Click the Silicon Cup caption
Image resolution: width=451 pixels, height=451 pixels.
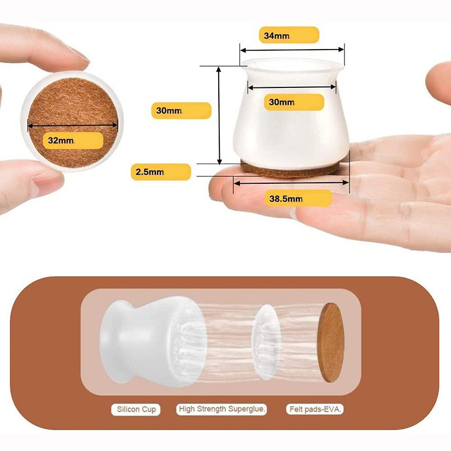tap(136, 409)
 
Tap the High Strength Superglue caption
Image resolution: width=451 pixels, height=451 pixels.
tap(222, 409)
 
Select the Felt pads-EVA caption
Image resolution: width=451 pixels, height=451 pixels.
tap(315, 409)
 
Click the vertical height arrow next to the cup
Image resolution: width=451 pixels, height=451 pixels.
tap(219, 116)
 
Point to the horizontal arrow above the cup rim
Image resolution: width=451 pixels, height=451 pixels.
tap(292, 50)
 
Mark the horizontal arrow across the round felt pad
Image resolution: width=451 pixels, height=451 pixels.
tap(73, 125)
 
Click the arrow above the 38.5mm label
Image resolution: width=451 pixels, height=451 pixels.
tap(291, 183)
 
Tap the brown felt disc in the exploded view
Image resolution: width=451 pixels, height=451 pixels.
tap(331, 342)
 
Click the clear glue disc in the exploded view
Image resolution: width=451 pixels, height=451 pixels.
tap(266, 342)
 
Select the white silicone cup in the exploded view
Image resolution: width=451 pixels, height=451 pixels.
tap(152, 342)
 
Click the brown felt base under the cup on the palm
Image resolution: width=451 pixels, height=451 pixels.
tap(290, 170)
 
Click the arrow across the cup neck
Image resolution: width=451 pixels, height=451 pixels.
tap(292, 87)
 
